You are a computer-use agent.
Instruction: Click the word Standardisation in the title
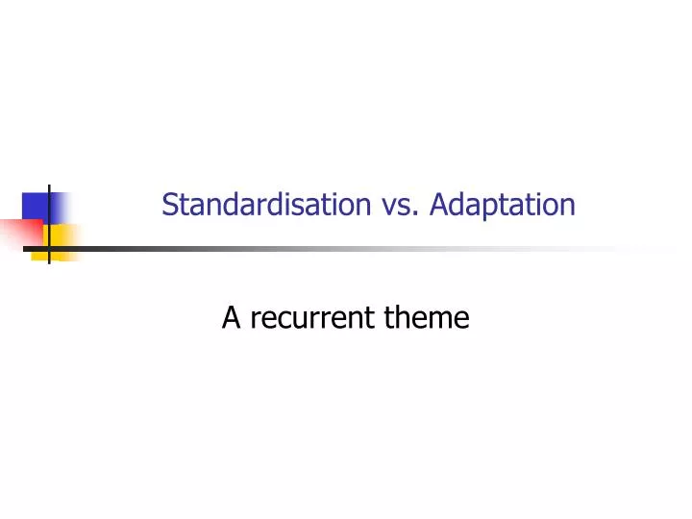tap(267, 205)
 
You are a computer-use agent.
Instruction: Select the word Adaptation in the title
tap(503, 206)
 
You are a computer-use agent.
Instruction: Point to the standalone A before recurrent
tap(231, 316)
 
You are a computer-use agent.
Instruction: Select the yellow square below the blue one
tap(63, 235)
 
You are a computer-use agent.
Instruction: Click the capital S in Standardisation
tap(170, 205)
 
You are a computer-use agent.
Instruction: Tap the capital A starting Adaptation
tap(439, 205)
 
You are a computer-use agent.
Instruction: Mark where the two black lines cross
tap(49, 249)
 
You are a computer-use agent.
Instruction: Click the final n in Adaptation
tap(569, 207)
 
